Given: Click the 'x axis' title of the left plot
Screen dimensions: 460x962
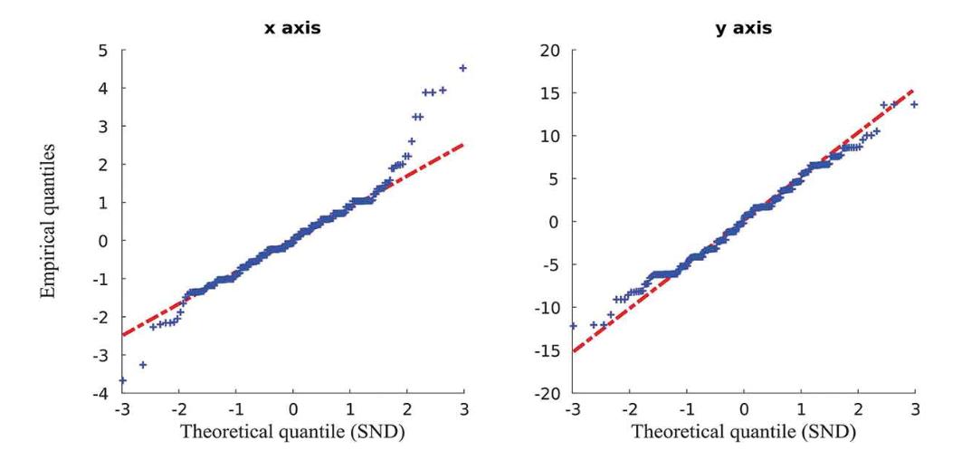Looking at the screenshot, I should tap(292, 28).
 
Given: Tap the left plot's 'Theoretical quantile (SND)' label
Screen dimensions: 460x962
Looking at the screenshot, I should tap(292, 432).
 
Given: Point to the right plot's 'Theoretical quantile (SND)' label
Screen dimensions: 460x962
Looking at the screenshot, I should tap(743, 432).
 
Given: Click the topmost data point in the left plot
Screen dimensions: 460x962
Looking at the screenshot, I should tap(463, 68).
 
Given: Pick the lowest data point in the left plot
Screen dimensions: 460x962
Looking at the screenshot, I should tap(122, 380).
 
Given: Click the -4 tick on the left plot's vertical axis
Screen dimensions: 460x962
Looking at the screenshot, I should tap(105, 394).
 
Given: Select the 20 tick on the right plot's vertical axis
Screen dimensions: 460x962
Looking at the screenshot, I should tap(548, 50).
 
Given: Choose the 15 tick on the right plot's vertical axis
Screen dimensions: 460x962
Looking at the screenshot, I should tap(548, 92).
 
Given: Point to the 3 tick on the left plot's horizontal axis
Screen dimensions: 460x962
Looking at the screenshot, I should tap(464, 409).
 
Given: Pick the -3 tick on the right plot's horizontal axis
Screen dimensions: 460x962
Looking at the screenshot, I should tap(571, 409).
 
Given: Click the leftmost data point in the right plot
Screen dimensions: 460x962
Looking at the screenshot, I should tap(573, 326).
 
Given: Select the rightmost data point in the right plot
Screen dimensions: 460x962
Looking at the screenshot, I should tap(914, 104).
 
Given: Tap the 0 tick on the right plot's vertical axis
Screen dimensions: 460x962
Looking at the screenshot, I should tap(552, 222).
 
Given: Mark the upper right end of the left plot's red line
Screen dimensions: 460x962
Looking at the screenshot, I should tap(464, 143).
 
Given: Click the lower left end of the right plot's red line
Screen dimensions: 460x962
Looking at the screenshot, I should tap(573, 351).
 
